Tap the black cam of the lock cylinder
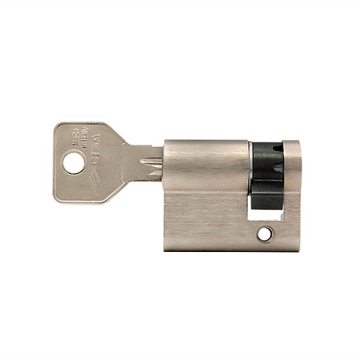pos(267,173)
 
